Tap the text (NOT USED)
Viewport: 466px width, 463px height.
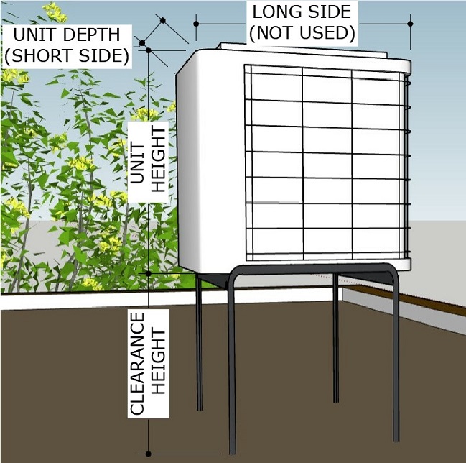tap(302, 32)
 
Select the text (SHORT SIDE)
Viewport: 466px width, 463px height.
tap(66, 55)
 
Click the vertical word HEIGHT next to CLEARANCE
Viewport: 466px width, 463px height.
tap(159, 364)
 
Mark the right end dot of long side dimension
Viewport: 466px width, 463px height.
tap(410, 24)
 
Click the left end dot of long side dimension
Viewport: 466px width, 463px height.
tap(196, 24)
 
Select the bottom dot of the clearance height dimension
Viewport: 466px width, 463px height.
tap(148, 454)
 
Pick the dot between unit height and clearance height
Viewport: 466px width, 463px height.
tap(148, 274)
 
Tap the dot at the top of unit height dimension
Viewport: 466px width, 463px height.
tap(148, 50)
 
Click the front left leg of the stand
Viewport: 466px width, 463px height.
tap(231, 374)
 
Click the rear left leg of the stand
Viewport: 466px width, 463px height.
tap(200, 345)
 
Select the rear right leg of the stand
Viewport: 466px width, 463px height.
tap(335, 338)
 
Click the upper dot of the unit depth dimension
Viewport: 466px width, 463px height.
tap(163, 19)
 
